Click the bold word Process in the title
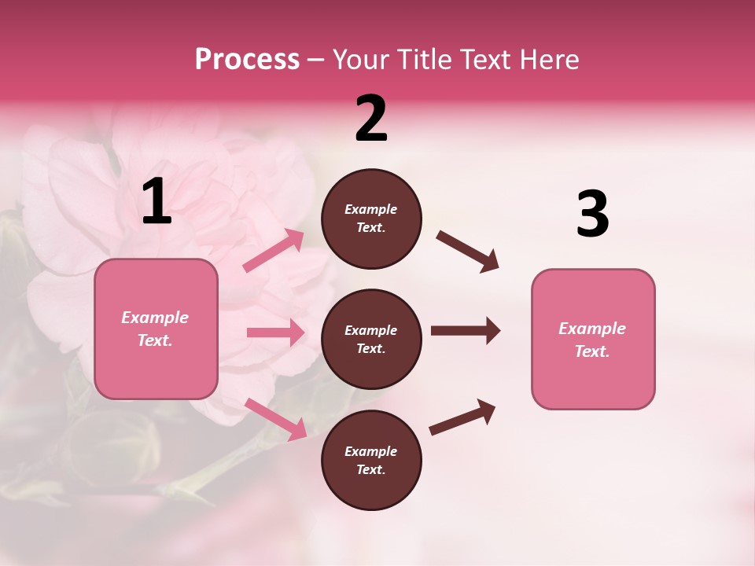(x=247, y=60)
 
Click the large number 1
(x=157, y=202)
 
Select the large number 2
(x=371, y=119)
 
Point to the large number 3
(x=592, y=215)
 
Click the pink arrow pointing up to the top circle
(x=274, y=251)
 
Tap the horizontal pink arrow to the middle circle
(x=275, y=333)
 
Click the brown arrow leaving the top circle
(x=468, y=252)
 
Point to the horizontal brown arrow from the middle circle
(x=465, y=331)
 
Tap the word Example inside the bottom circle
(x=371, y=451)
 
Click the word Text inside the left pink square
(x=154, y=340)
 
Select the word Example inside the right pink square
(x=592, y=329)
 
